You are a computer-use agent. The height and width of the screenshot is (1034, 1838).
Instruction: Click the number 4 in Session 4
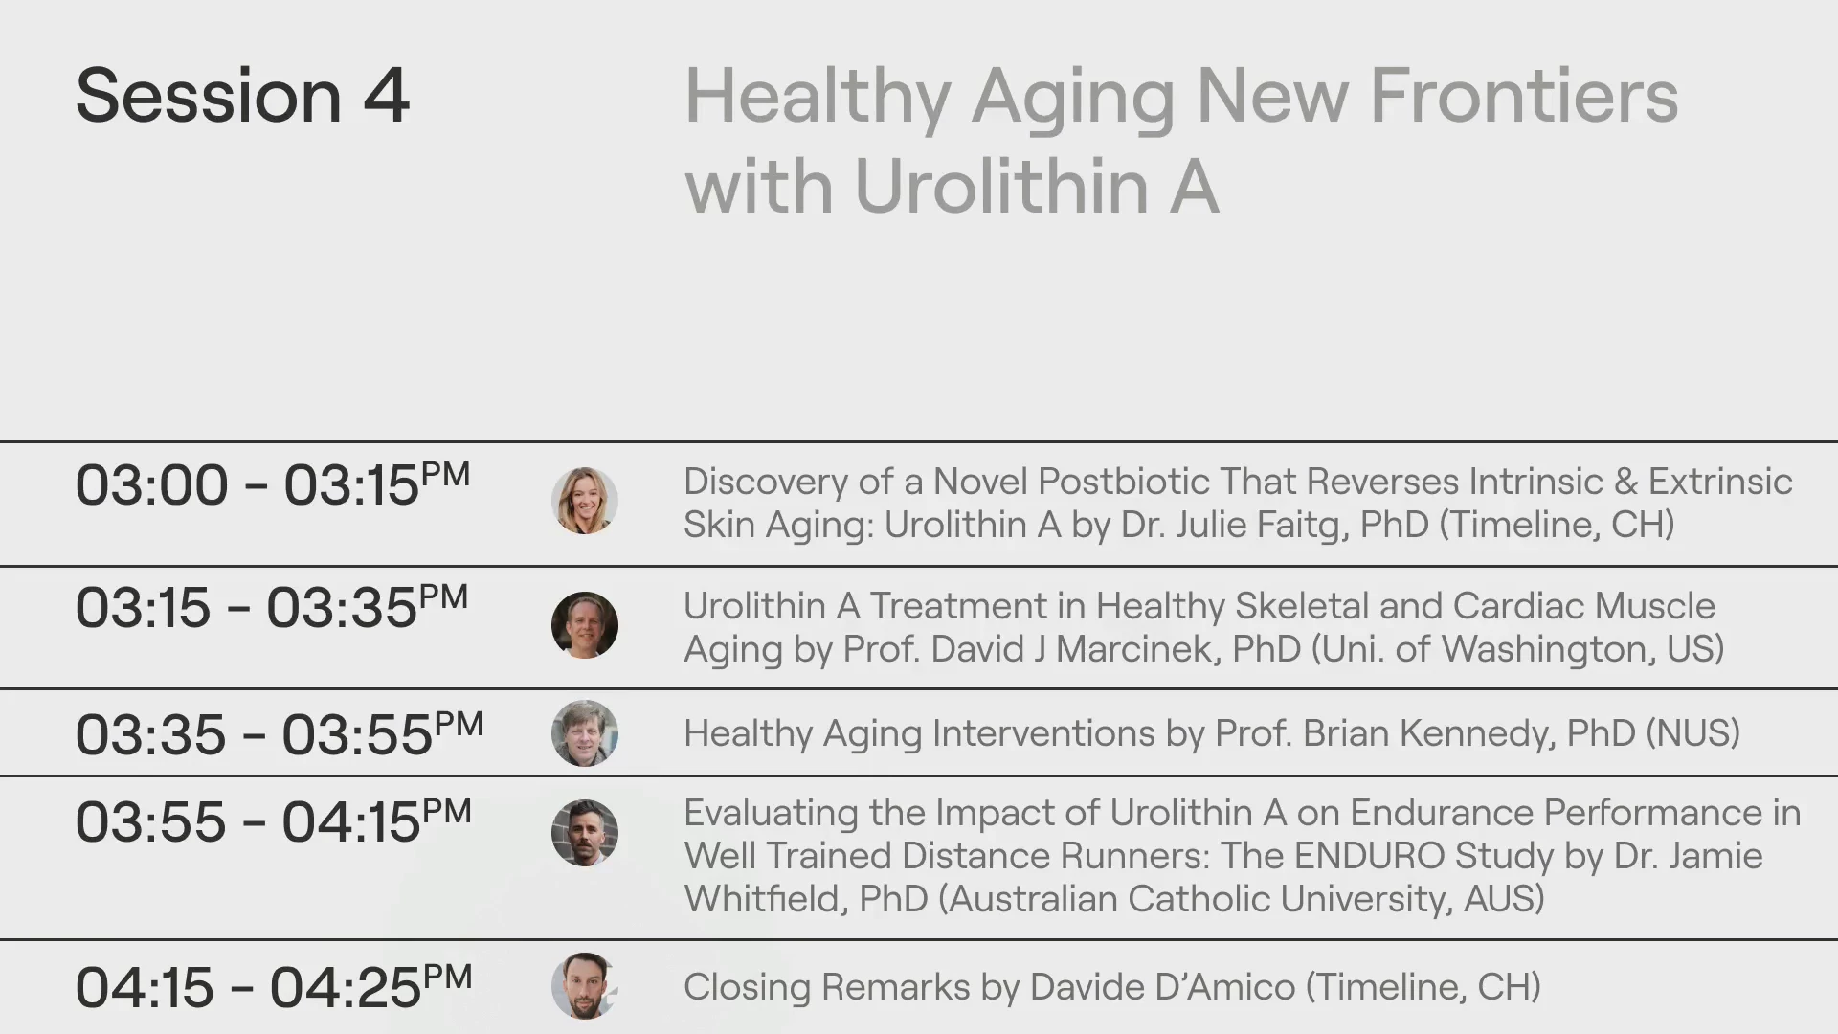tap(386, 97)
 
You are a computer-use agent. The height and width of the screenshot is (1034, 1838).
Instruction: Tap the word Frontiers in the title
tap(1524, 97)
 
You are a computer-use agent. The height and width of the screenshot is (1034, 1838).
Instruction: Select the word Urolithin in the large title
tap(1000, 185)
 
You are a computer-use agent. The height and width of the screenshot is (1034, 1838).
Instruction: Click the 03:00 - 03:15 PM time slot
tap(273, 484)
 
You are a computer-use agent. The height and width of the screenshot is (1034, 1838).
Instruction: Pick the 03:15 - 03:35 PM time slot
tap(272, 607)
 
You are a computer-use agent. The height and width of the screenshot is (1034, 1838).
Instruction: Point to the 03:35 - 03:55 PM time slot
tap(280, 734)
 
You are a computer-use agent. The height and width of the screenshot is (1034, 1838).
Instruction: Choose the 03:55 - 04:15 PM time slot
tap(274, 821)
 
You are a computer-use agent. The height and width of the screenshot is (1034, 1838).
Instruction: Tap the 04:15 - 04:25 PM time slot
tap(274, 986)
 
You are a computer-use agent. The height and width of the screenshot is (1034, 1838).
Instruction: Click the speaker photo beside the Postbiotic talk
tap(585, 501)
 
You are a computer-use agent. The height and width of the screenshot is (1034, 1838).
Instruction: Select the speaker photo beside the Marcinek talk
tap(585, 625)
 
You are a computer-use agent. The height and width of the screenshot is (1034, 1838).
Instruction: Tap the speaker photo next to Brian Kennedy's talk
tap(585, 733)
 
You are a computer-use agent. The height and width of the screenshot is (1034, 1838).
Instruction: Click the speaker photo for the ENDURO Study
tap(585, 833)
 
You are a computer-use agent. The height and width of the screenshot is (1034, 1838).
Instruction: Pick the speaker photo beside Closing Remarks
tap(585, 986)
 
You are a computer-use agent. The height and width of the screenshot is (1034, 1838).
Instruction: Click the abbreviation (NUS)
tap(1692, 733)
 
